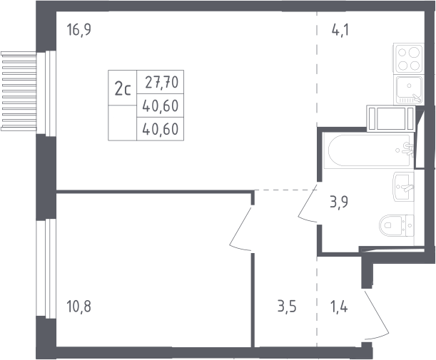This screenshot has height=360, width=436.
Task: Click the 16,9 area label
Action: click(79, 30)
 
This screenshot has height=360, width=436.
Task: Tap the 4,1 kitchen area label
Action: click(340, 30)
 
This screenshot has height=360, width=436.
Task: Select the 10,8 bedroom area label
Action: click(79, 307)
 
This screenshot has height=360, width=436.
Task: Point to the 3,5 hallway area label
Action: click(287, 307)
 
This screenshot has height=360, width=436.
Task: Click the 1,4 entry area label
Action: click(339, 307)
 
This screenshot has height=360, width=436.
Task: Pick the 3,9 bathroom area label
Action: click(339, 202)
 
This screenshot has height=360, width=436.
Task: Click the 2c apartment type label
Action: click(123, 89)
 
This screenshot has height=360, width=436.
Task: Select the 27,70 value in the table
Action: click(161, 83)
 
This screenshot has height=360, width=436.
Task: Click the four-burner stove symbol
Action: click(409, 58)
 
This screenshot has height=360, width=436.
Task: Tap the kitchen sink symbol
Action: click(409, 90)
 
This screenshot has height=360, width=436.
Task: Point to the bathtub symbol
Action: click(369, 150)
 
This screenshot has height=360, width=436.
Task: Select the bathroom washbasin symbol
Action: click(403, 187)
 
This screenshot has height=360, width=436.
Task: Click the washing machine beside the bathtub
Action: click(390, 118)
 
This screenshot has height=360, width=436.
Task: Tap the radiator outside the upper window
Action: click(19, 91)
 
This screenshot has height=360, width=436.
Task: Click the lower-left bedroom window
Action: click(46, 269)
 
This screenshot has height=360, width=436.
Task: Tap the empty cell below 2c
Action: click(122, 123)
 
